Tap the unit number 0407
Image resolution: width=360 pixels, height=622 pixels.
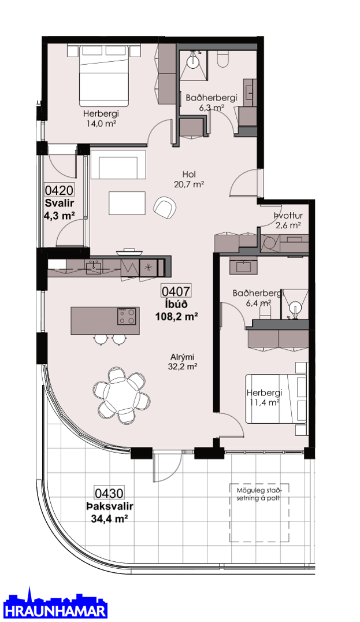point(176,291)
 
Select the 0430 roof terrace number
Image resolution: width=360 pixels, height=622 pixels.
point(109,493)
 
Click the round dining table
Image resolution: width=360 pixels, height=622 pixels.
point(122,395)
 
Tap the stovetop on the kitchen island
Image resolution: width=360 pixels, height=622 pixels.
point(127,316)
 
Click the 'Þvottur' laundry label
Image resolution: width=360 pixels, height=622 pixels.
point(288,216)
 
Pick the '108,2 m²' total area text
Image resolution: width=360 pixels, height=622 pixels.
point(176,317)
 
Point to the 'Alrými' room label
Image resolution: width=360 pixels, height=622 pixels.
point(183,357)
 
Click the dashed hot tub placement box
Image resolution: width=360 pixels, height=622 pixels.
point(259,513)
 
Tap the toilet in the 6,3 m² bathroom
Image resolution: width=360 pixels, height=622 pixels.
point(223,60)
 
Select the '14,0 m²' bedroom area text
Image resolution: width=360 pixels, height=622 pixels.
point(101,123)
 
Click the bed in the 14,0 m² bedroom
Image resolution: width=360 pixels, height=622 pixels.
point(104,76)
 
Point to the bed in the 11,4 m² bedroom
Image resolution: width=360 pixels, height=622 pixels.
point(276,398)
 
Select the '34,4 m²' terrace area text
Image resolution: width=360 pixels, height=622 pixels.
point(107,519)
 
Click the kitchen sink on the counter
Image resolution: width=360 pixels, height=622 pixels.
point(95,265)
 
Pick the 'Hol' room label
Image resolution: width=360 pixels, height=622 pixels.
point(190,174)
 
